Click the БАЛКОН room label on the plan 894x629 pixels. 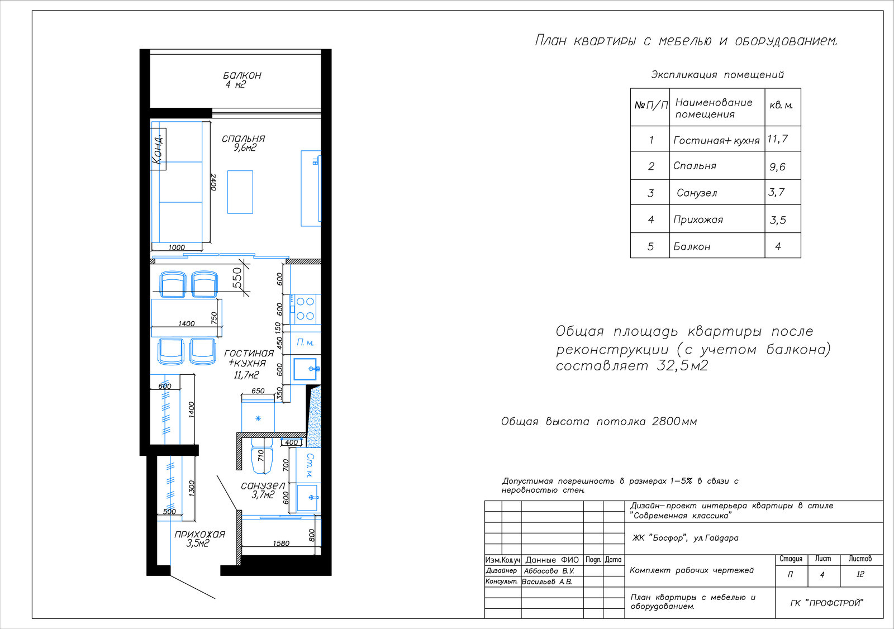click(x=242, y=75)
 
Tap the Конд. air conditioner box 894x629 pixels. click(x=158, y=149)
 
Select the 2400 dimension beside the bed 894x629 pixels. click(x=213, y=182)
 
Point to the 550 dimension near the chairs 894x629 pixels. click(x=237, y=278)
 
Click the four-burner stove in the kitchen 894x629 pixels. click(x=305, y=309)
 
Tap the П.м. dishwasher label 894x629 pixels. click(x=305, y=342)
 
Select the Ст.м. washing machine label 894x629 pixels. click(x=310, y=465)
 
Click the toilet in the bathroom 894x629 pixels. click(x=262, y=455)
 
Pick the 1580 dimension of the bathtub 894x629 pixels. click(x=281, y=543)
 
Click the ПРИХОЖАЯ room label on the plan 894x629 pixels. click(x=199, y=534)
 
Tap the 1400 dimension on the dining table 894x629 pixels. click(x=187, y=323)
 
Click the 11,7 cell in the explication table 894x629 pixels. click(x=777, y=139)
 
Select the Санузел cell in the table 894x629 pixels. click(x=697, y=193)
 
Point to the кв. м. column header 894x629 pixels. click(x=781, y=106)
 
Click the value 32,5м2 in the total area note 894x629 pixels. click(x=682, y=365)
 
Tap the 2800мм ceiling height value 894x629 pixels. click(x=674, y=421)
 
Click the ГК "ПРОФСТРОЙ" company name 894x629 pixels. click(x=826, y=603)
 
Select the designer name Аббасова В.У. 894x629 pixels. click(x=549, y=571)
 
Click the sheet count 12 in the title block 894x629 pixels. click(x=860, y=574)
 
